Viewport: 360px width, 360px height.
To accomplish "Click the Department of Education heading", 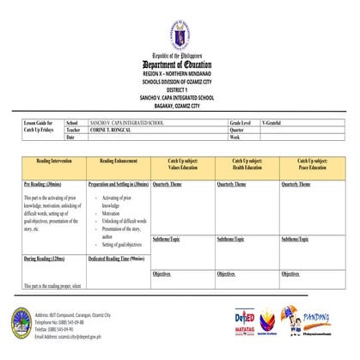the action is click(x=180, y=65).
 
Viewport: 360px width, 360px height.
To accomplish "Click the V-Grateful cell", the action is click(x=274, y=124).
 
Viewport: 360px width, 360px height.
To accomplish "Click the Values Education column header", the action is click(x=182, y=164).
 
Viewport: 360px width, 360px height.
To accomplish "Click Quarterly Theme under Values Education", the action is click(x=170, y=184).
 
